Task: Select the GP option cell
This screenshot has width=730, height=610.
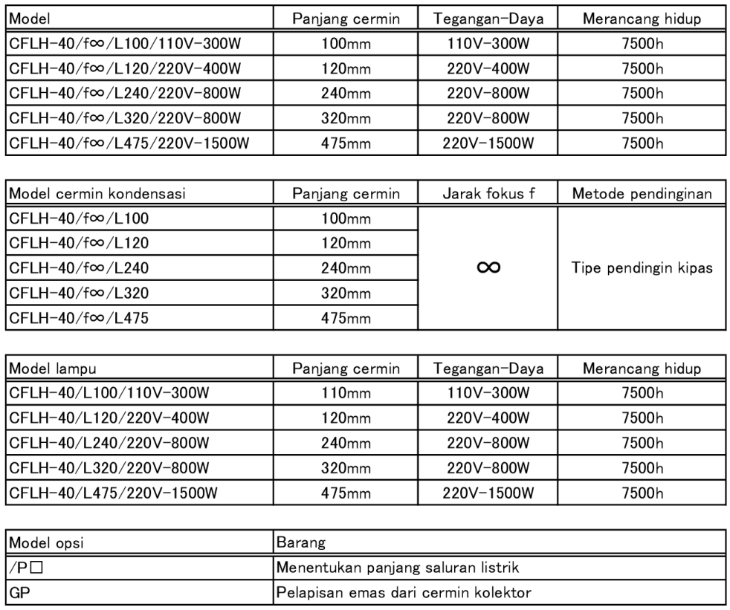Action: (x=19, y=594)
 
